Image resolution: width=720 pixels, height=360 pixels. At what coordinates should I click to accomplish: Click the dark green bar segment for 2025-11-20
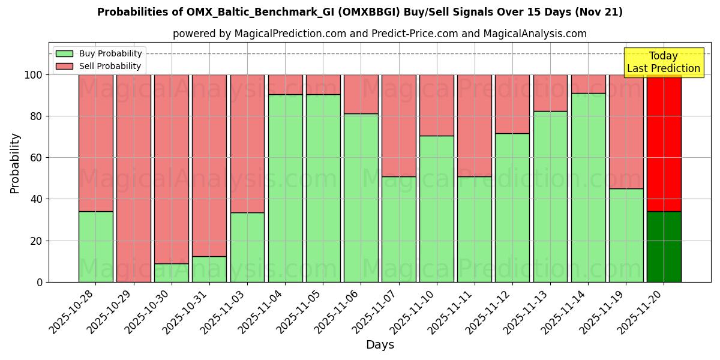pos(664,247)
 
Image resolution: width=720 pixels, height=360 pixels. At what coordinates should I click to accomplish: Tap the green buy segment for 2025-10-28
pos(95,247)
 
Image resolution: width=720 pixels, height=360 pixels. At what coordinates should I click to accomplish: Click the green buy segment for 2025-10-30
pos(172,273)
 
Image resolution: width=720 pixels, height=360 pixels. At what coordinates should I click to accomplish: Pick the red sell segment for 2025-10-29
pos(133,178)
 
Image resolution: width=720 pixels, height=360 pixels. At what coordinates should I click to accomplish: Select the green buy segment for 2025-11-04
pos(285,188)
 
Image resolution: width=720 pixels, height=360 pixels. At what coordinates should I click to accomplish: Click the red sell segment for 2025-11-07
pos(399,125)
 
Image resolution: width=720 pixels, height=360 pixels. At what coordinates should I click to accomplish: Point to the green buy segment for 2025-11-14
pos(588,187)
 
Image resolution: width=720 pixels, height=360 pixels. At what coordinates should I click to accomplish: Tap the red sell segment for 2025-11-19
pos(626,131)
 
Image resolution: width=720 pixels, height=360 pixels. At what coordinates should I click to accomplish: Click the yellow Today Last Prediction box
pos(664,62)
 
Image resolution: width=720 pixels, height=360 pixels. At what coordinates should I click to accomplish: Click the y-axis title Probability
pos(15,163)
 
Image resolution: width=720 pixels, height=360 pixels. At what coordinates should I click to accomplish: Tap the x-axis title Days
pos(380,345)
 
